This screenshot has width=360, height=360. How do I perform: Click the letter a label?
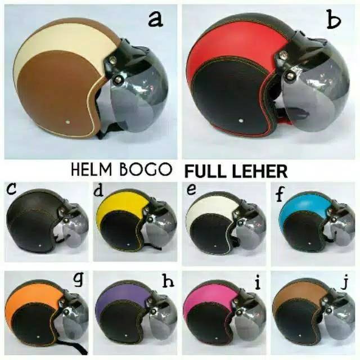[155, 19]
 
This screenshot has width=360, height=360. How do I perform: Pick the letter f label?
[280, 195]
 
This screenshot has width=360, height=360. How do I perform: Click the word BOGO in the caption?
[150, 170]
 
